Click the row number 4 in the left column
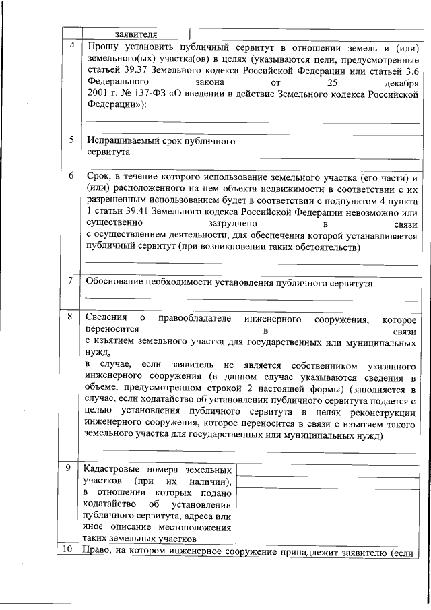(72, 47)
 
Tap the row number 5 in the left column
(72, 140)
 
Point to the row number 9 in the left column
(72, 468)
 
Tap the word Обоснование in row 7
(117, 284)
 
